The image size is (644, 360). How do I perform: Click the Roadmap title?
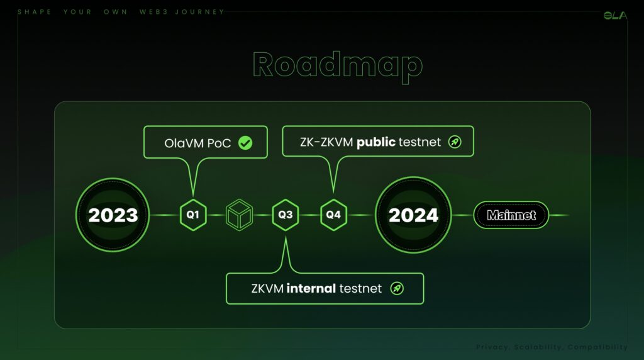[x=338, y=65]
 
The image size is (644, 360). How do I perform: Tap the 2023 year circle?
[x=113, y=215]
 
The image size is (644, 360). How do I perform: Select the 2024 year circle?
[x=413, y=215]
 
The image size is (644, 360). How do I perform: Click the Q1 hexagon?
[x=193, y=215]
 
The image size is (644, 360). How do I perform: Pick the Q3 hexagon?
[x=286, y=215]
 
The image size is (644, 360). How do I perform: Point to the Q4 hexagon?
[x=333, y=215]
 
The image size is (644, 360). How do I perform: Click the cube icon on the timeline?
[x=240, y=215]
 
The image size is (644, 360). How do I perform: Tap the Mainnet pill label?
[x=511, y=215]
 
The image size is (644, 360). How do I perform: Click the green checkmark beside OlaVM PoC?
[x=245, y=143]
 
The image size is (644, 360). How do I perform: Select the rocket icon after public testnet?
[x=455, y=142]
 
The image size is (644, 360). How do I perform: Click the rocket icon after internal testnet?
[x=397, y=288]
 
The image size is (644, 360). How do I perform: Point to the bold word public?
[x=376, y=142]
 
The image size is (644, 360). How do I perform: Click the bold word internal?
[x=311, y=288]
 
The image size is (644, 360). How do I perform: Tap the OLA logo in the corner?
[x=615, y=16]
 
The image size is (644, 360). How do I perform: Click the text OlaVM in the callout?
[x=184, y=143]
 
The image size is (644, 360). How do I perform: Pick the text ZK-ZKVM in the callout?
[x=326, y=142]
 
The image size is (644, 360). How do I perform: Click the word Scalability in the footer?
[x=538, y=347]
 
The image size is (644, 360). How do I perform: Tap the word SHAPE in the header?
[x=35, y=12]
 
